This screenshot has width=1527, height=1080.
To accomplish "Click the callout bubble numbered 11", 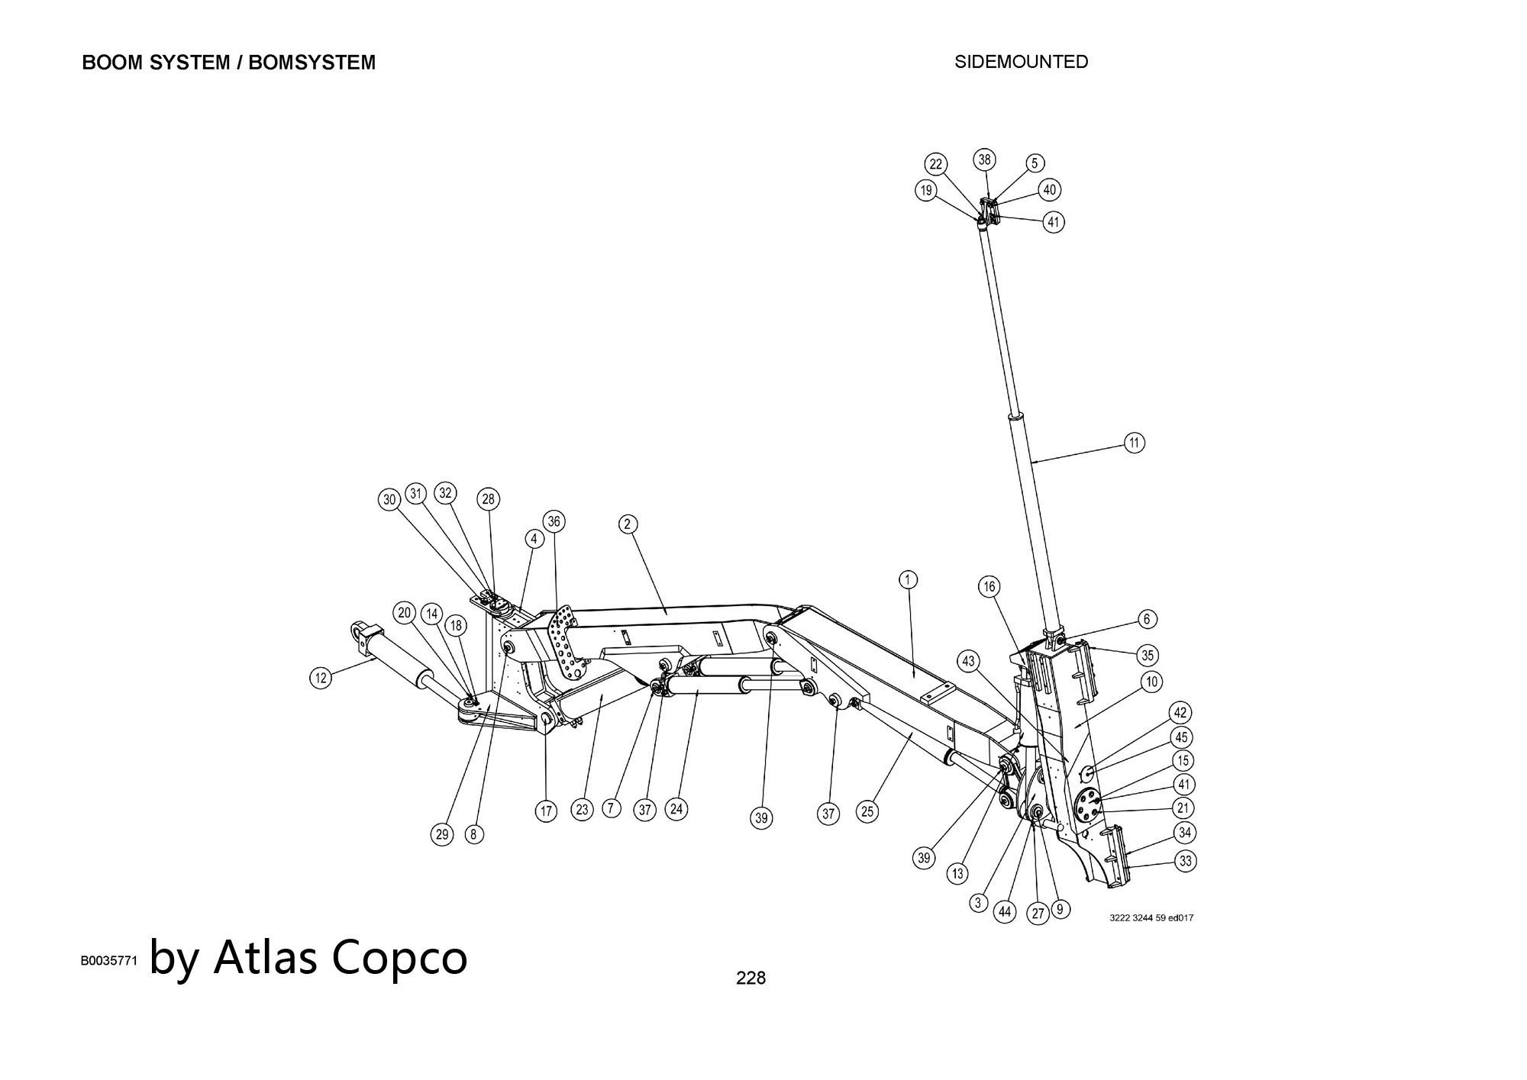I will point(1135,443).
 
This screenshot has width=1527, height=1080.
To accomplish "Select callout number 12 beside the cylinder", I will point(321,677).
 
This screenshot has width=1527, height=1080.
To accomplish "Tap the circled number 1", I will point(907,580).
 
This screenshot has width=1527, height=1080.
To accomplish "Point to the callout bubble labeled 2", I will point(627,524).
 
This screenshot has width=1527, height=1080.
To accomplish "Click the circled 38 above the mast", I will point(984,160).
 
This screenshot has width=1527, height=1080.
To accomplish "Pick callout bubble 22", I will point(936,164).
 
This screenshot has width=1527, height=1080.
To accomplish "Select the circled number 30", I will point(389,500).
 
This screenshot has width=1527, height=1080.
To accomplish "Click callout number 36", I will point(554,521).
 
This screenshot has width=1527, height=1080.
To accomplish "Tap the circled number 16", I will point(989,586).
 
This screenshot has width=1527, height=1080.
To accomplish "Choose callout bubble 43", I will point(968,661).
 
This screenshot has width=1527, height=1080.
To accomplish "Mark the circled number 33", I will point(1185,861).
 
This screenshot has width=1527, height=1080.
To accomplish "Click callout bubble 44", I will point(1005,911).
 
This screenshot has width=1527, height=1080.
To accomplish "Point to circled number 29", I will point(442,834).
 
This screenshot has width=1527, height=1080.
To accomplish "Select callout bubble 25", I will point(867,811).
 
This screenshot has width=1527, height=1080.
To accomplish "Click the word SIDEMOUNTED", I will point(1021,62).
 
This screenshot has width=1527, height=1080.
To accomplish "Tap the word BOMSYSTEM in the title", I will point(312,63).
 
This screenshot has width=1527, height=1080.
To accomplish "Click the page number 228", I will point(751,978).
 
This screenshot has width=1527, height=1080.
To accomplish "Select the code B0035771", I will point(109,961).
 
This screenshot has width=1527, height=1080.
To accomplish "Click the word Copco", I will point(399,957).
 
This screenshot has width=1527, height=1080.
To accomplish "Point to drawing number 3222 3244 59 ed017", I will point(1151,917).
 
